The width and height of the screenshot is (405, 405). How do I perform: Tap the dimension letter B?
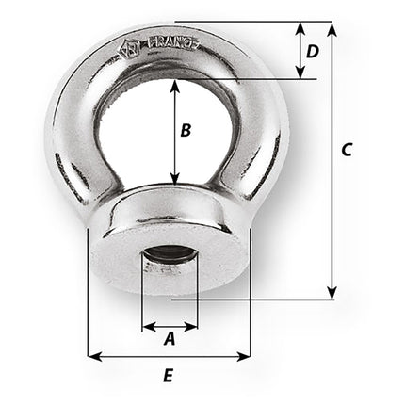pos(186,131)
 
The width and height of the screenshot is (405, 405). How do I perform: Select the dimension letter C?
pos(347,149)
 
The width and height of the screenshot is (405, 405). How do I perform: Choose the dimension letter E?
pos(168,376)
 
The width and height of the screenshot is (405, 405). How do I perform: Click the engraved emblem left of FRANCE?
pos(127,50)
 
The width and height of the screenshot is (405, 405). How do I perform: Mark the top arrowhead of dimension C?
pos(332,25)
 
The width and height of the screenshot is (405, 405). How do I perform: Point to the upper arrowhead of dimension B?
pos(174,85)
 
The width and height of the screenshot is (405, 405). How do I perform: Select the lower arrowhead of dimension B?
pos(174,179)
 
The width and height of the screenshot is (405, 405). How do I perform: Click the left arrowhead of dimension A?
pos(146,327)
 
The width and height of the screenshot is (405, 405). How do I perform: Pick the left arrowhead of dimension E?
pos(91,356)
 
